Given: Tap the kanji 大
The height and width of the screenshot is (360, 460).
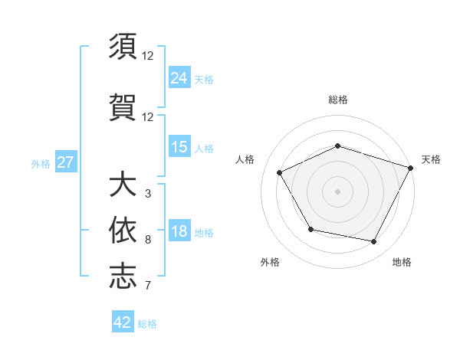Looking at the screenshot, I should (x=123, y=186).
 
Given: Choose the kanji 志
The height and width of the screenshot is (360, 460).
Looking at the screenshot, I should (x=123, y=276).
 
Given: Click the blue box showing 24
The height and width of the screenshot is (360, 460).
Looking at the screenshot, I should (x=179, y=77).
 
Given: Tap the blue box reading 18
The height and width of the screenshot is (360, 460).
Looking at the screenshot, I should (x=179, y=231).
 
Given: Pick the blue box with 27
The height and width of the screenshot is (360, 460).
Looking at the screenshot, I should (x=65, y=162).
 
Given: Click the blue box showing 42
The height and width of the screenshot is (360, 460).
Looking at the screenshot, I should (x=123, y=322).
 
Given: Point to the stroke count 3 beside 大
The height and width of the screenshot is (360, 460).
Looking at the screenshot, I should (x=147, y=194).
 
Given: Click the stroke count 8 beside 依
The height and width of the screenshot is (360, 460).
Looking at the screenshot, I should (x=147, y=240).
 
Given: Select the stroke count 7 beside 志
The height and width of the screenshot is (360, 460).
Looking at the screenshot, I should (x=147, y=286).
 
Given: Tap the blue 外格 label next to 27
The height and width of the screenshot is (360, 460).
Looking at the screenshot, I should (x=41, y=163).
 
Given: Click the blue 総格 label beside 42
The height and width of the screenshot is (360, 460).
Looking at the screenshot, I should (x=147, y=324).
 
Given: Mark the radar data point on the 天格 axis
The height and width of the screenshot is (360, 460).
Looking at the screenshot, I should (x=411, y=167).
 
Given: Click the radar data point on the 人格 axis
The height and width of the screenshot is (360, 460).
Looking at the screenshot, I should (x=280, y=173).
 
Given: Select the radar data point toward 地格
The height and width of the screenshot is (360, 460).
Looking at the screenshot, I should (x=373, y=241).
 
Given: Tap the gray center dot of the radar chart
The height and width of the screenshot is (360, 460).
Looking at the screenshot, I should (x=337, y=191).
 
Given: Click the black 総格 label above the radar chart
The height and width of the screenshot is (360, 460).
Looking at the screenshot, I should (x=338, y=100).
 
